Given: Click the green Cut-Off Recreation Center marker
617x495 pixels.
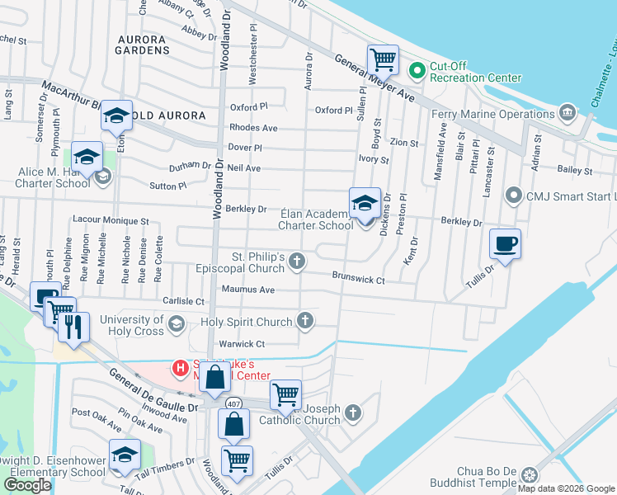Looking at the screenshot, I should (417, 70).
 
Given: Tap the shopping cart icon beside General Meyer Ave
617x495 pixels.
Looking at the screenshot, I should (383, 59).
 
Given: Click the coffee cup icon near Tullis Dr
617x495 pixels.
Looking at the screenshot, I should (505, 244).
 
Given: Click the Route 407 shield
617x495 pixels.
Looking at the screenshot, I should (234, 403).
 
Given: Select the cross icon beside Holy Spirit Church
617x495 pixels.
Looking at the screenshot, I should (305, 321).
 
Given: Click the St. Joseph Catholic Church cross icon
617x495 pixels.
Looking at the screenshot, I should (352, 412).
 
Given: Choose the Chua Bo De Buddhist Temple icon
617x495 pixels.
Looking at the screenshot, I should (529, 474).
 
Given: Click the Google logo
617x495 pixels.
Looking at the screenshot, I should (27, 484).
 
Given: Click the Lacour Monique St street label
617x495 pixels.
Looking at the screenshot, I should (110, 221).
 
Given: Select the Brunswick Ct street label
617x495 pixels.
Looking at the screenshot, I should (359, 280).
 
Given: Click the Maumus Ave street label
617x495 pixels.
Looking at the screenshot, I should (248, 290).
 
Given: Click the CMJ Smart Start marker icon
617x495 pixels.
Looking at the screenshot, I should (514, 196).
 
